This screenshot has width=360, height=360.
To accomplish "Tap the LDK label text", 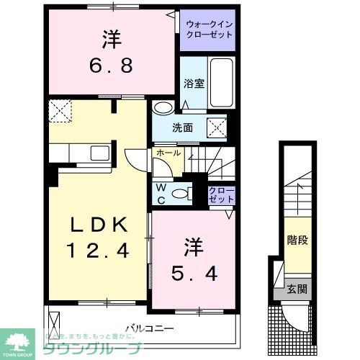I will [x=100, y=225].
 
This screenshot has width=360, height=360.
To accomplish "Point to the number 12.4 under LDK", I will [x=100, y=252].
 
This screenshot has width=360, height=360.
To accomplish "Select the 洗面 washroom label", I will [x=182, y=127].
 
